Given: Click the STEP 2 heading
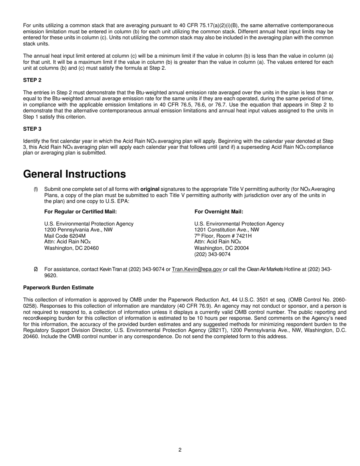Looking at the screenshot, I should click(32, 80).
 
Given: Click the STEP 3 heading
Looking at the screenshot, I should click(32, 129).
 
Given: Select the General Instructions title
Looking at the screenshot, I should click(74, 174).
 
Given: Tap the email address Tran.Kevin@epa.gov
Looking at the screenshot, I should click(197, 269).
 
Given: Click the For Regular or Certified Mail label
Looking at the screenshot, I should click(80, 212).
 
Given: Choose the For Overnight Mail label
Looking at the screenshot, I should click(219, 212).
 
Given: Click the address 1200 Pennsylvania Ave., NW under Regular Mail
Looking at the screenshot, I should click(78, 230).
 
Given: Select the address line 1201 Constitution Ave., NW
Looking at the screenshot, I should click(227, 230).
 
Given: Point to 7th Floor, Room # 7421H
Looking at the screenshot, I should click(223, 236).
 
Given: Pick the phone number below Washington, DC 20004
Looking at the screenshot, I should click(212, 254).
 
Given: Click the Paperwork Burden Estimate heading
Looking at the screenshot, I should click(58, 288).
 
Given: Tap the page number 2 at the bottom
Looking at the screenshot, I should click(180, 450).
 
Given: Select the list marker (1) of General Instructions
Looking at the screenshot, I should click(36, 189).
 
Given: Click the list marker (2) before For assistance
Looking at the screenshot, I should click(36, 269).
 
